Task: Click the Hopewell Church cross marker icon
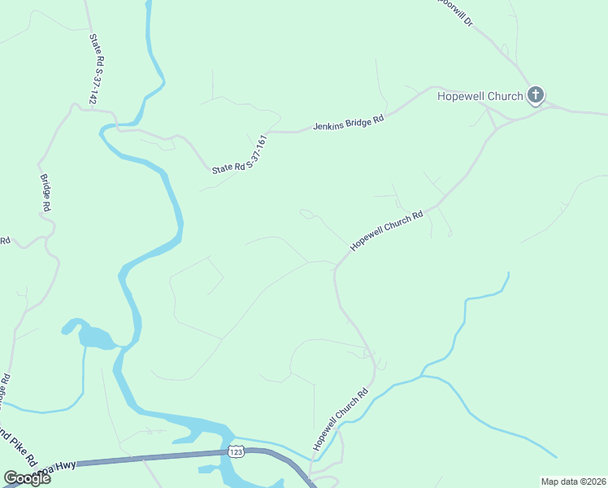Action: [535, 96]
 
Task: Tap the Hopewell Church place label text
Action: [480, 96]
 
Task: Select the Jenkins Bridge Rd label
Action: [349, 124]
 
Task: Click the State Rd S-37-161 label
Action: [240, 155]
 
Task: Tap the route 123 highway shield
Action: [236, 451]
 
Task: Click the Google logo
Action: [27, 478]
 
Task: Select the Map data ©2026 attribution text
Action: [573, 481]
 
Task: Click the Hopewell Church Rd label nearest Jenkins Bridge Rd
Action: [387, 230]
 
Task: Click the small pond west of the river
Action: [93, 335]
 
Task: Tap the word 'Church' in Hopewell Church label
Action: [504, 96]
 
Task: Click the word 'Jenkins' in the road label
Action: [330, 128]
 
